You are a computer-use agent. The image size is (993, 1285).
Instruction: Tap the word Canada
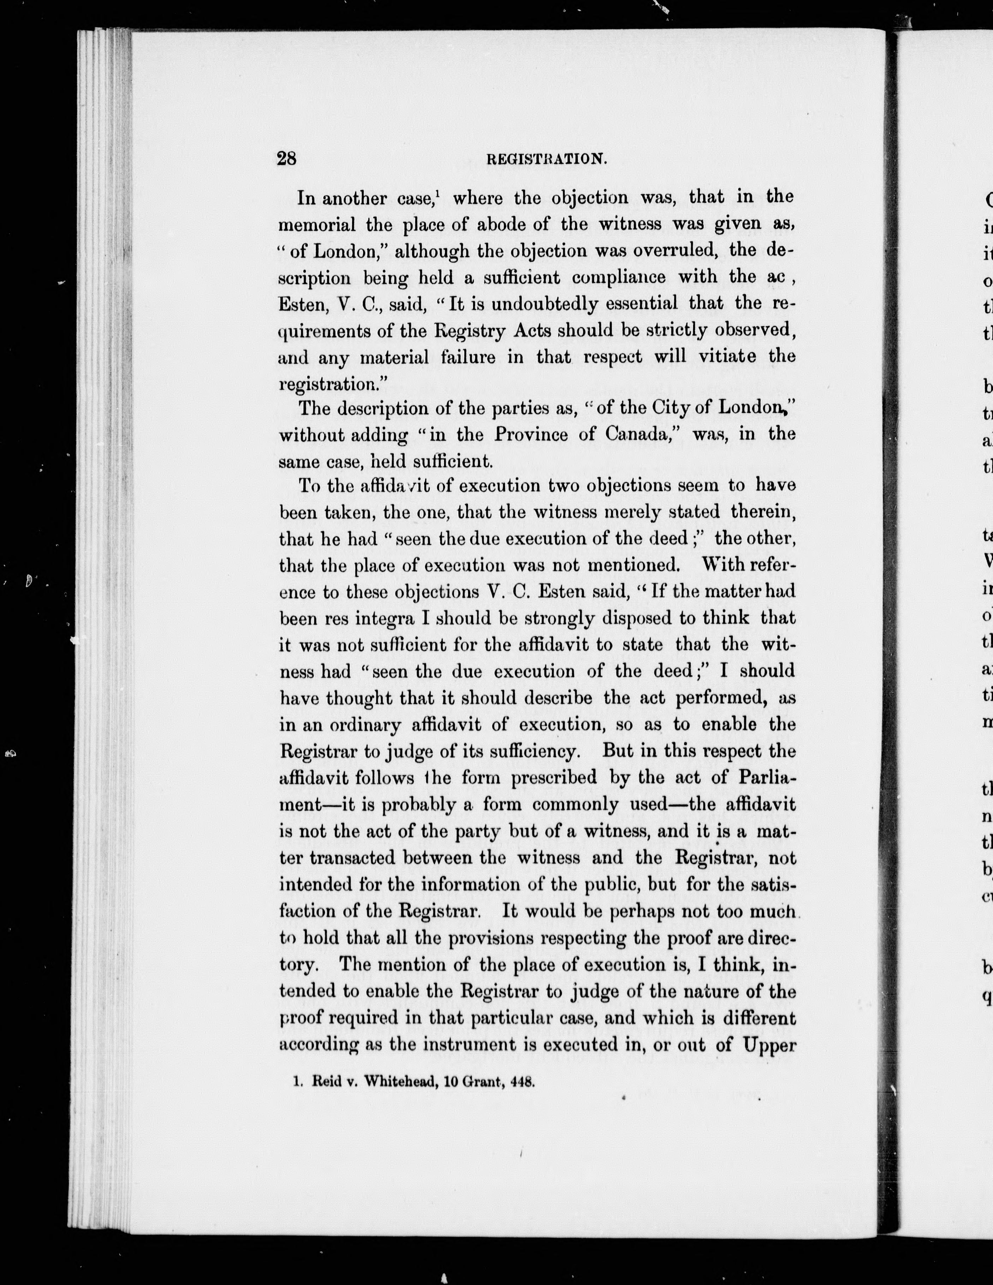642,435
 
